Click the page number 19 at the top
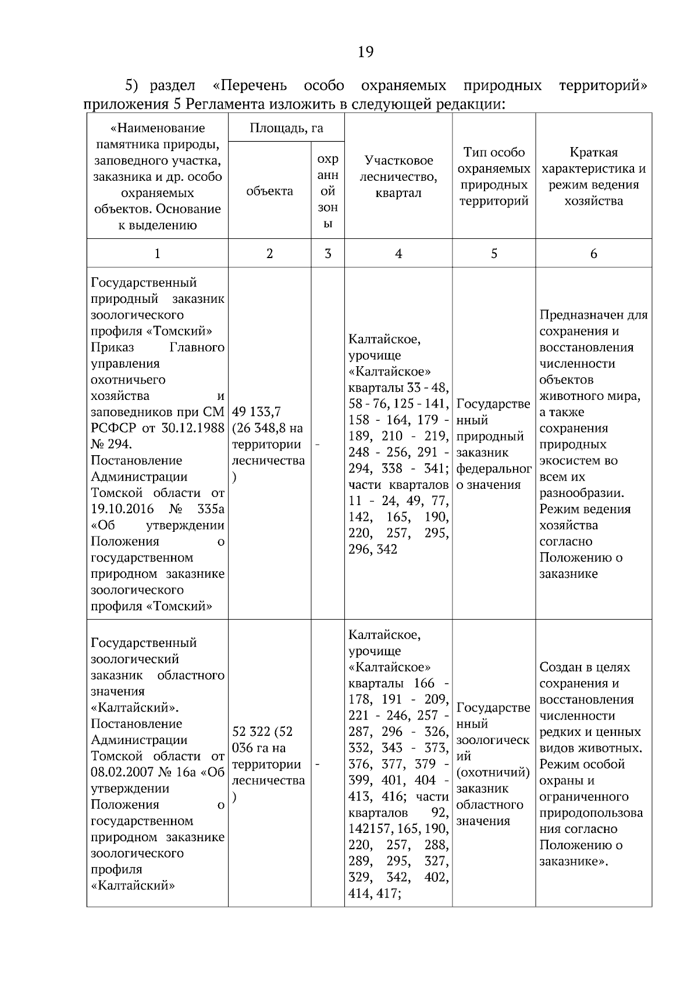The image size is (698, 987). (365, 52)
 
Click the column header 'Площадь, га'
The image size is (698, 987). (286, 128)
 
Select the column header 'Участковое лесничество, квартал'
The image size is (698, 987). (398, 176)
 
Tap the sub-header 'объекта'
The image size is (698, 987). (269, 191)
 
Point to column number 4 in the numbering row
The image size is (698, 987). (398, 253)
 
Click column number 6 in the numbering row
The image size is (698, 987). (593, 253)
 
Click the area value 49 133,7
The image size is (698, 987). (257, 412)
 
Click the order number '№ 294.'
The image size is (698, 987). (111, 445)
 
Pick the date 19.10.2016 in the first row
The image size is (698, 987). (122, 509)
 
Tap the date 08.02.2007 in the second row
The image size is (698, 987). (122, 773)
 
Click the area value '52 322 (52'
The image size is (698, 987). (262, 732)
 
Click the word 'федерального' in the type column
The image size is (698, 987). (493, 469)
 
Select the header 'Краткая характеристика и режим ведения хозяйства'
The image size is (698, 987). (593, 176)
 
